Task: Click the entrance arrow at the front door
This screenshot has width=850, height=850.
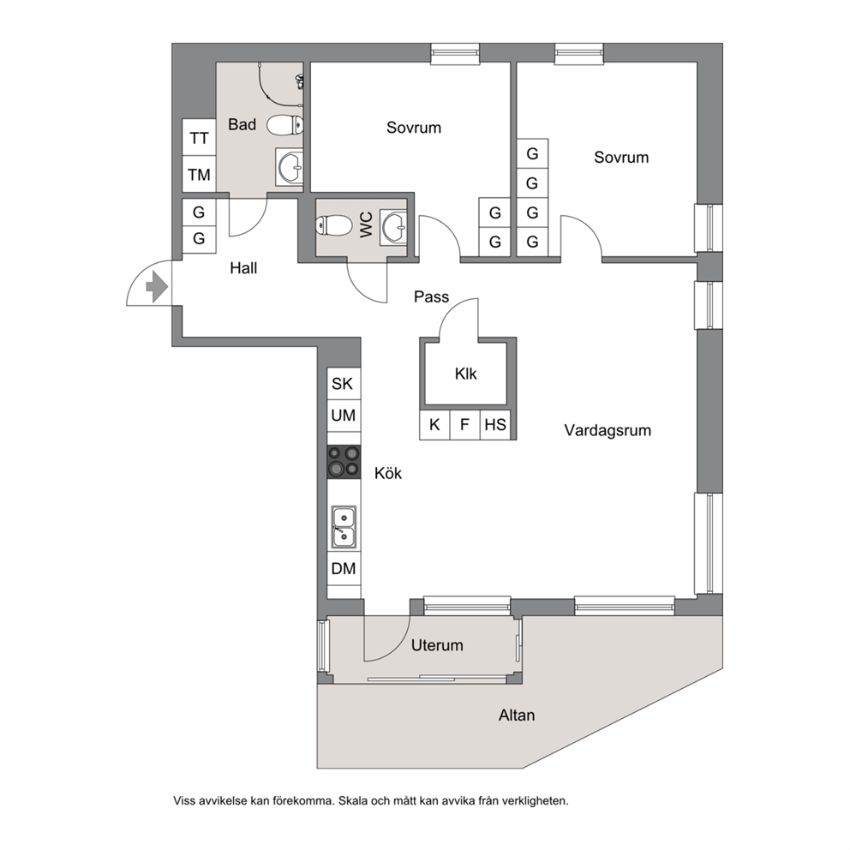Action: (157, 287)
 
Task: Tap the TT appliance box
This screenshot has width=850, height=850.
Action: (199, 138)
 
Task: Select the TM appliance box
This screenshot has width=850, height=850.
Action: (199, 174)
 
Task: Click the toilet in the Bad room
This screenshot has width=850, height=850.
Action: (285, 125)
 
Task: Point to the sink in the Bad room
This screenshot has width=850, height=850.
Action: (290, 167)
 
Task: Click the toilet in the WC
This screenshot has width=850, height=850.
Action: (334, 225)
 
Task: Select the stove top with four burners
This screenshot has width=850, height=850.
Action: (344, 462)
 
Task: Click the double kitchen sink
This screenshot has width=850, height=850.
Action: (344, 528)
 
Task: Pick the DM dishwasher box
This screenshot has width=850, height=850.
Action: (344, 569)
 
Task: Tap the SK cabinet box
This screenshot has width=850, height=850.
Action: (344, 384)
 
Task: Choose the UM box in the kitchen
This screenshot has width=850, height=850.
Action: (344, 416)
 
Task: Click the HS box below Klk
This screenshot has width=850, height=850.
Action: (495, 424)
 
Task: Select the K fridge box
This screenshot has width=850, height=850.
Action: (434, 424)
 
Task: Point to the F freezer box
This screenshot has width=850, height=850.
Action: (465, 424)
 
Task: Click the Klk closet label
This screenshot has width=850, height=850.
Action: (465, 374)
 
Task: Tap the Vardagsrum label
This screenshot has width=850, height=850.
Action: (608, 430)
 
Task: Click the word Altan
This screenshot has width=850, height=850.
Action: (517, 715)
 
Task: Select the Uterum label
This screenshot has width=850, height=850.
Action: (437, 645)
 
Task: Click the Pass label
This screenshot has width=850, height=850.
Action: (432, 296)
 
